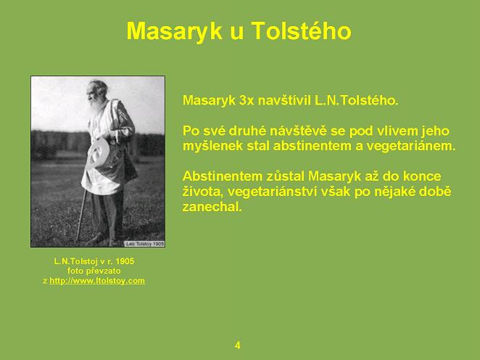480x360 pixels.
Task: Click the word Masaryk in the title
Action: click(174, 31)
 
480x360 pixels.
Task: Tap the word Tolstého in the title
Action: click(302, 30)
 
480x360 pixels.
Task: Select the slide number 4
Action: click(238, 345)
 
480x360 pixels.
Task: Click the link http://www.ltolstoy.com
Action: click(97, 281)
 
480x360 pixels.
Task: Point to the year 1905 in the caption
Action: click(125, 261)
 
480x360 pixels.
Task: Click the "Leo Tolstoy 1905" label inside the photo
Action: click(144, 244)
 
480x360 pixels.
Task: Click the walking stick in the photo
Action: click(80, 214)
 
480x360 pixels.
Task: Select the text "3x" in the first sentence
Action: click(246, 100)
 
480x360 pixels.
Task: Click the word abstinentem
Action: click(312, 146)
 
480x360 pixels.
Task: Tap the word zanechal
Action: click(212, 207)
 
